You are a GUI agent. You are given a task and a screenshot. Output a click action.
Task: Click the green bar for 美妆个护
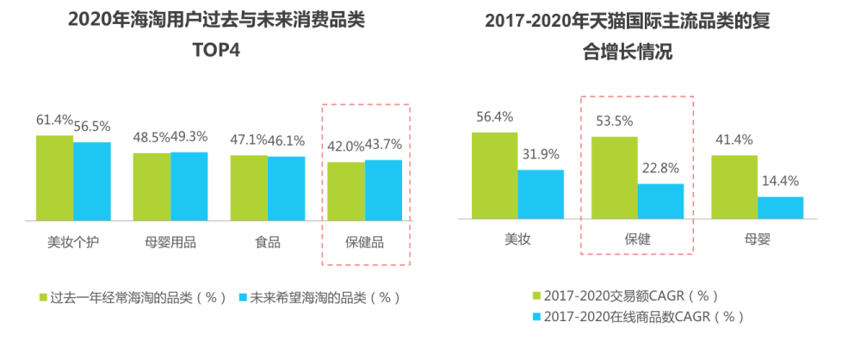click(54, 177)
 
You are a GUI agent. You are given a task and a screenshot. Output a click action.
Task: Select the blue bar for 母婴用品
click(189, 186)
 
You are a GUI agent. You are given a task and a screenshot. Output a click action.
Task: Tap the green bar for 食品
click(249, 187)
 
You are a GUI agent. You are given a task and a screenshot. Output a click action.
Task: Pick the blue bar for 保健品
click(383, 189)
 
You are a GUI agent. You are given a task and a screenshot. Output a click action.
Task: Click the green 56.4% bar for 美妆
click(494, 176)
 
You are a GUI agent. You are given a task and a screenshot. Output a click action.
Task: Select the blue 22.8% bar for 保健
click(660, 202)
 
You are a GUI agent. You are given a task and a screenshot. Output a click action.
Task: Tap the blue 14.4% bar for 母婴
click(780, 208)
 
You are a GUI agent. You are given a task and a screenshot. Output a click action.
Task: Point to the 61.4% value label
click(53, 120)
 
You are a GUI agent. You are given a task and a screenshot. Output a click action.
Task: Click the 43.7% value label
click(383, 144)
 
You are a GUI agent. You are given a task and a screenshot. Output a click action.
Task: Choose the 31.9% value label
click(541, 154)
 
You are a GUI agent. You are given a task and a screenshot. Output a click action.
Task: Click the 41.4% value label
click(733, 139)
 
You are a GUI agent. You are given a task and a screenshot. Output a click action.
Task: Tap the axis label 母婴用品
click(170, 242)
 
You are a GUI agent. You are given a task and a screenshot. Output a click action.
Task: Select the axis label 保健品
click(365, 242)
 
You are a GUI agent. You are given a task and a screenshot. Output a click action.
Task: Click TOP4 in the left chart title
click(216, 50)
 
